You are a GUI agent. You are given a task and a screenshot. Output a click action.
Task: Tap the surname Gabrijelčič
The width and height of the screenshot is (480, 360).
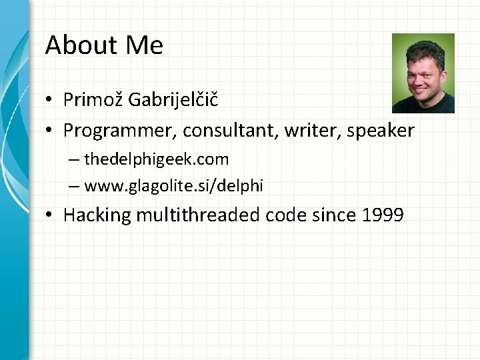click(173, 101)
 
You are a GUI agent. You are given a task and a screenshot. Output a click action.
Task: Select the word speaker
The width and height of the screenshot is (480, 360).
click(380, 131)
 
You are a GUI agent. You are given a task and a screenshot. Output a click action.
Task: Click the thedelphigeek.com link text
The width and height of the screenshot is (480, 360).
click(157, 160)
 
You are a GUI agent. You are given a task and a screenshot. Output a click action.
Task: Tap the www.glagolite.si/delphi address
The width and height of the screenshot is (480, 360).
click(174, 187)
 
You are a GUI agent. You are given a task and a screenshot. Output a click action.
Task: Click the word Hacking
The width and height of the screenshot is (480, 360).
click(97, 215)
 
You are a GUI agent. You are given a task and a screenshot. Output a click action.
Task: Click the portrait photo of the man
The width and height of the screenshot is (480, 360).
click(423, 73)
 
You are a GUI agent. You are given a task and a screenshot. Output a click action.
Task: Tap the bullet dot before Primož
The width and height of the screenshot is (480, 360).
click(50, 101)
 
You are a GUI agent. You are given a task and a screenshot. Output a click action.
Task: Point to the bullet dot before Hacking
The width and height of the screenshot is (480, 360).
click(50, 216)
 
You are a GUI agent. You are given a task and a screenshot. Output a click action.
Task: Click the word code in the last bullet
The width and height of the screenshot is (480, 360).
click(285, 215)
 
